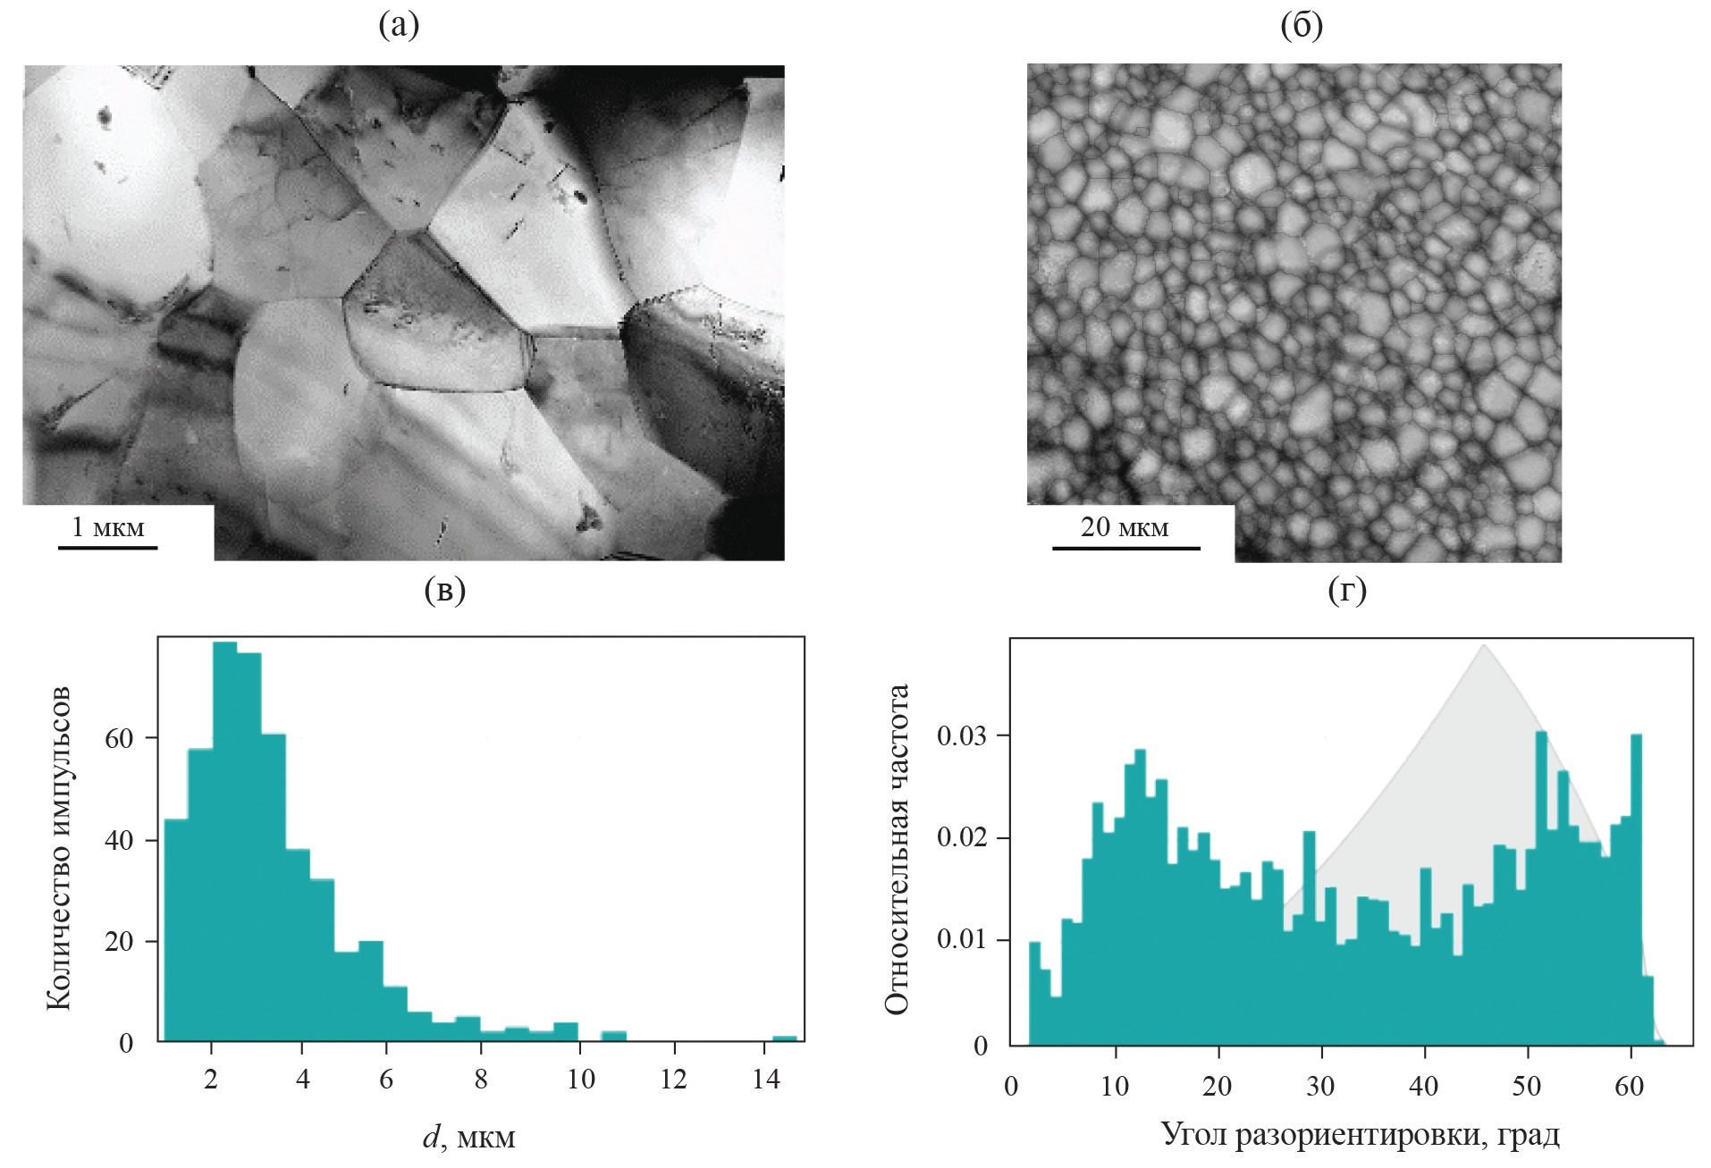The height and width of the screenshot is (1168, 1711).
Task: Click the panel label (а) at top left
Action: click(x=399, y=27)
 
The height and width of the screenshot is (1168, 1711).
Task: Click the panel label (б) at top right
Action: click(x=1302, y=27)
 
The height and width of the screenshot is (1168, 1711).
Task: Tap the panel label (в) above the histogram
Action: click(x=445, y=591)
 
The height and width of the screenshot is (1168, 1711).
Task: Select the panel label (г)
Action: click(x=1348, y=591)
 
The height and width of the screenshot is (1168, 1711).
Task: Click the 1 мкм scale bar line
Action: click(x=108, y=547)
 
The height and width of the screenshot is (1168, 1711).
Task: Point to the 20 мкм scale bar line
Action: click(x=1125, y=547)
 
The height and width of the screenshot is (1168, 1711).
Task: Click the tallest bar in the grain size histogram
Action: click(x=224, y=840)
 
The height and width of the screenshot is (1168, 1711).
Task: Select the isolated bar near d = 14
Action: click(x=784, y=1038)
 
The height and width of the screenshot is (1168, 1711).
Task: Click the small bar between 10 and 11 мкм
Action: click(x=613, y=1037)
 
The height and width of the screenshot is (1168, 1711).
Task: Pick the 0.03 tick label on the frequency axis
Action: click(x=962, y=736)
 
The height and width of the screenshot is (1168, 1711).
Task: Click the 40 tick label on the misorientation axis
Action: click(x=1424, y=1087)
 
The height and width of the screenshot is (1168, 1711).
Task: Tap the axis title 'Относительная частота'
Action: click(x=896, y=849)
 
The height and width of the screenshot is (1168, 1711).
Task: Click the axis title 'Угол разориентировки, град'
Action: click(x=1361, y=1136)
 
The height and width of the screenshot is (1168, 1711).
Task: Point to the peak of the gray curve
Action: click(x=1484, y=645)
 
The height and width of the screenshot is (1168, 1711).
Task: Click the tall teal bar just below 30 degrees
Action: click(x=1310, y=938)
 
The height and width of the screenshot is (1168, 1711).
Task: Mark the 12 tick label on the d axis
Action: click(x=672, y=1080)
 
